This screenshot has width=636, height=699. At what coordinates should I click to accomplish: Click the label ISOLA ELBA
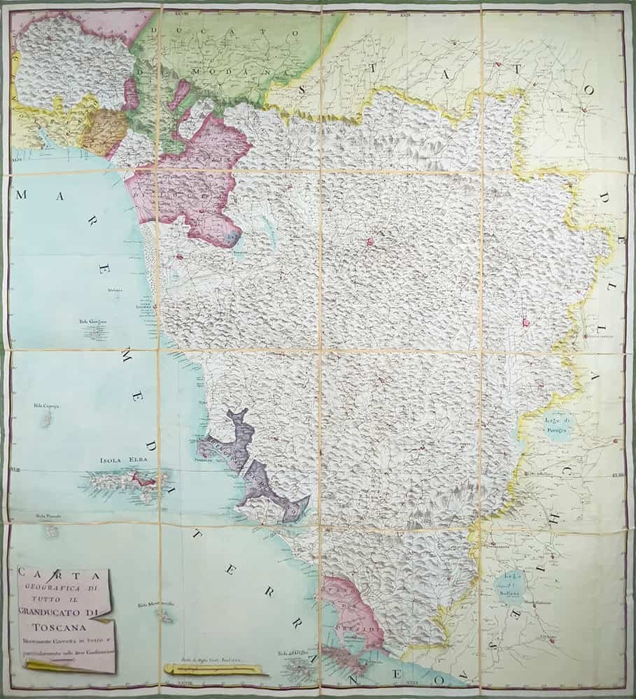click(x=120, y=461)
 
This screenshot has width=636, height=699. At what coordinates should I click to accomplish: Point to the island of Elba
click(x=126, y=483)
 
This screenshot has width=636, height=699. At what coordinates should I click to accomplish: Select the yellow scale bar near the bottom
click(x=214, y=670)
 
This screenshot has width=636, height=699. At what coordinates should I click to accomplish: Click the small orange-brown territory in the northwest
click(x=103, y=130)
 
